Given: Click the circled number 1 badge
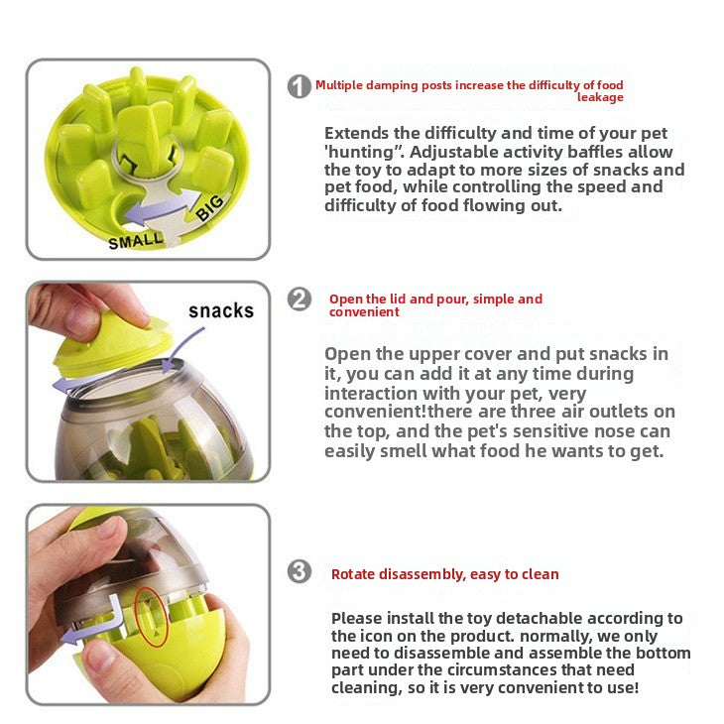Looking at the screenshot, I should point(299,86).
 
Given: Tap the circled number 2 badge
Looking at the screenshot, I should point(299,299).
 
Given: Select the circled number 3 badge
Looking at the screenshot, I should point(299,572).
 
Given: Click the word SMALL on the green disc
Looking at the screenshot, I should point(137,240).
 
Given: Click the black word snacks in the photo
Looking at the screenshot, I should point(221,310).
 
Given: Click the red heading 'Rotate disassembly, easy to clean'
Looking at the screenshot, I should point(444,574).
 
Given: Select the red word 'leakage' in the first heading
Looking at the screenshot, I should point(600,97).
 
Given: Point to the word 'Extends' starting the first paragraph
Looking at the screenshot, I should point(362,133).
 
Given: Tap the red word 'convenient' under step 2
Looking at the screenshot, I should point(363,311).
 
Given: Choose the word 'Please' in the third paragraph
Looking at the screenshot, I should point(355,618).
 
